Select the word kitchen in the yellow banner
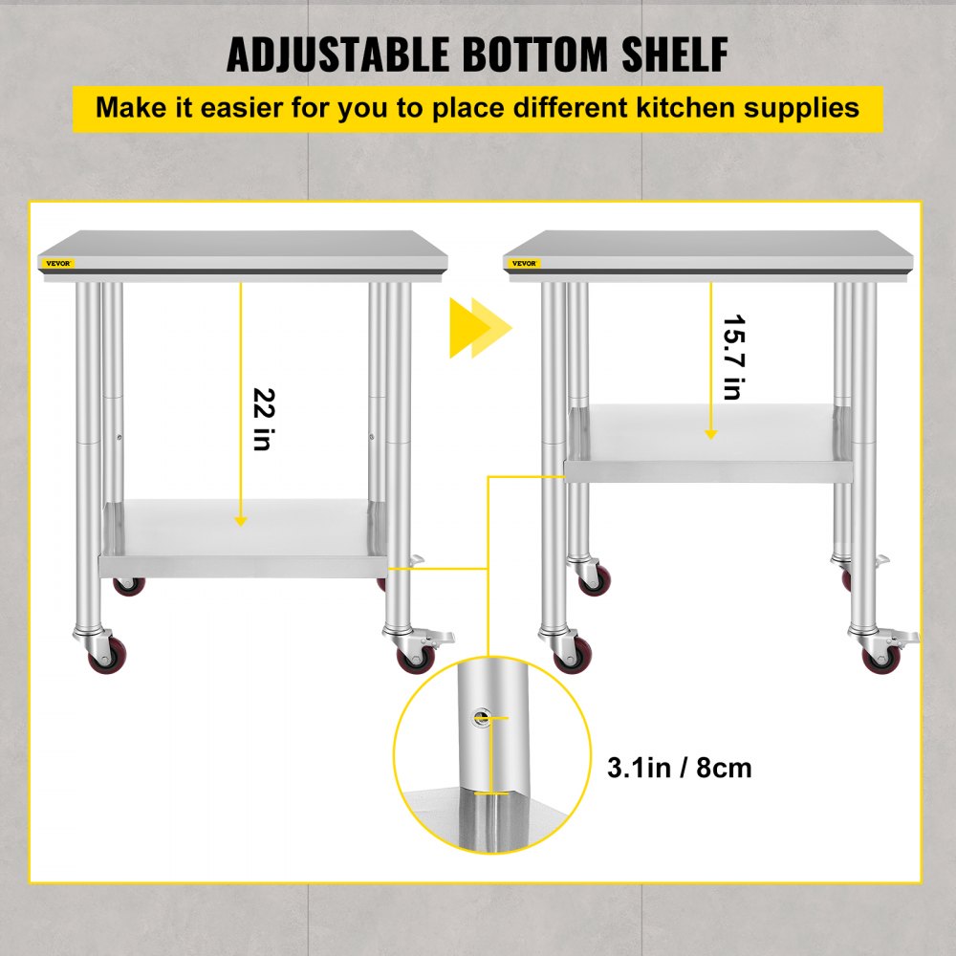[691, 106]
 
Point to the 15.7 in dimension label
[731, 358]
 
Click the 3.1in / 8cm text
[680, 767]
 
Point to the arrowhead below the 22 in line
[241, 520]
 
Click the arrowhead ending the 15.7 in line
[710, 433]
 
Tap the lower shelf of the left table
[244, 540]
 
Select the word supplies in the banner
[798, 106]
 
